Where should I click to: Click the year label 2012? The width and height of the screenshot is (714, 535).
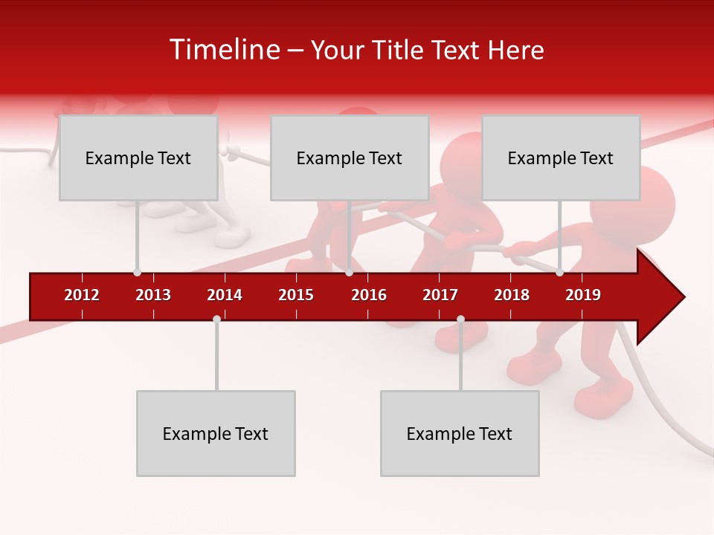pyautogui.click(x=82, y=295)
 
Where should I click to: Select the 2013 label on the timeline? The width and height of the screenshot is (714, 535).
pyautogui.click(x=153, y=295)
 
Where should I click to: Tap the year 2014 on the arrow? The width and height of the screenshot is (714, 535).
pyautogui.click(x=225, y=295)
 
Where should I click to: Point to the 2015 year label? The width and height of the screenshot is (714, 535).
pyautogui.click(x=296, y=295)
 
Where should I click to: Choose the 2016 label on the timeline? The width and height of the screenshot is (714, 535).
pyautogui.click(x=369, y=295)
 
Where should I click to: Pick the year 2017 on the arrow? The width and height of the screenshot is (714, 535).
pyautogui.click(x=440, y=295)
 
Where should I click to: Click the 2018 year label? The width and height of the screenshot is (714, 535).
pyautogui.click(x=512, y=295)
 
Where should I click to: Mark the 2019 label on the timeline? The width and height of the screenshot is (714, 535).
pyautogui.click(x=583, y=295)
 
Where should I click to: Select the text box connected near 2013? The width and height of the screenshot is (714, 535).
pyautogui.click(x=138, y=158)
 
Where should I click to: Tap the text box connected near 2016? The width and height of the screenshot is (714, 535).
pyautogui.click(x=350, y=158)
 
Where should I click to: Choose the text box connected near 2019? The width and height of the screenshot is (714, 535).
pyautogui.click(x=561, y=158)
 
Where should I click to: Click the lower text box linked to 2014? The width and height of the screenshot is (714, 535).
pyautogui.click(x=216, y=433)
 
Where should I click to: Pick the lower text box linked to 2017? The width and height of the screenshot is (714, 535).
pyautogui.click(x=460, y=433)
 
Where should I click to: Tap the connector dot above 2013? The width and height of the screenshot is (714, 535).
pyautogui.click(x=138, y=273)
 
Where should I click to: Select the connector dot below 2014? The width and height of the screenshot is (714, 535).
pyautogui.click(x=216, y=320)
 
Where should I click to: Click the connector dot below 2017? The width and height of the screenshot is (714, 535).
pyautogui.click(x=460, y=320)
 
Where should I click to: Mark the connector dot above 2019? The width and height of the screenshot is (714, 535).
pyautogui.click(x=559, y=273)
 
